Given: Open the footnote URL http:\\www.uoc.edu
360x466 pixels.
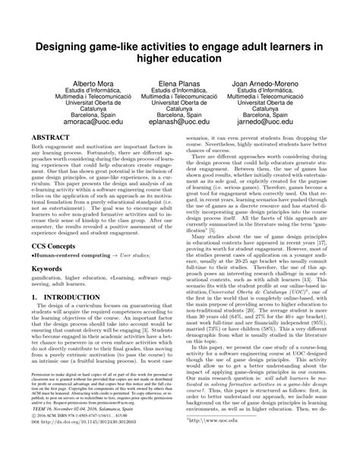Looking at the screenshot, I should tap(220, 440).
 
